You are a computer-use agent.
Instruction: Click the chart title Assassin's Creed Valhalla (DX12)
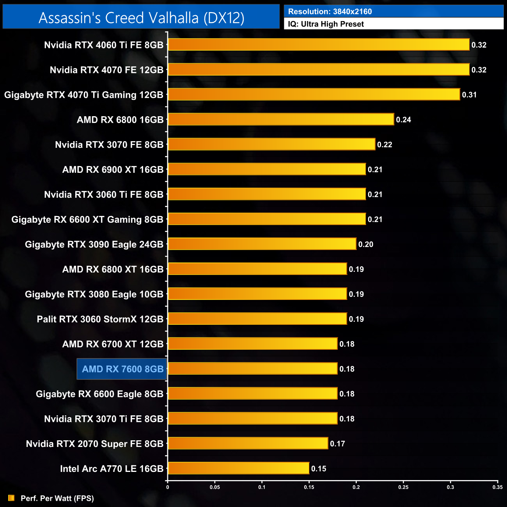click(141, 18)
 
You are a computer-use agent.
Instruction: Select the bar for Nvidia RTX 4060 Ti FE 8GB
click(319, 44)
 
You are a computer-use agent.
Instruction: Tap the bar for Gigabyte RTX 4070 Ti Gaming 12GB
click(314, 94)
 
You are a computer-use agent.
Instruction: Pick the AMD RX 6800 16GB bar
click(281, 119)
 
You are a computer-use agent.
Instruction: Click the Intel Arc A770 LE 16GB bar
click(238, 468)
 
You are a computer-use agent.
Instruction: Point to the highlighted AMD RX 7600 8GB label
click(122, 369)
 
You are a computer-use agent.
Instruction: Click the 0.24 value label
click(403, 120)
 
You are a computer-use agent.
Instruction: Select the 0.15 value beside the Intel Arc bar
click(319, 469)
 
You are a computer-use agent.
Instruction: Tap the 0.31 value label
click(469, 95)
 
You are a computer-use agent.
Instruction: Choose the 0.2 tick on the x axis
click(356, 487)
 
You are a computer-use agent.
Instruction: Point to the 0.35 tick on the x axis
click(497, 487)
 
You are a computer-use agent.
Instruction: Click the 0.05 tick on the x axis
click(214, 487)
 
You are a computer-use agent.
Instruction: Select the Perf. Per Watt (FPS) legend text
click(57, 498)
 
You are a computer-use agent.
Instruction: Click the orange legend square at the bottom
click(11, 498)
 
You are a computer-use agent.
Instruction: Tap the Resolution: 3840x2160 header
click(330, 12)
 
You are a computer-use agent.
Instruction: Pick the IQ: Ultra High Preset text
click(326, 24)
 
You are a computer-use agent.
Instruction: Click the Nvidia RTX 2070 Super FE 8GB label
click(95, 444)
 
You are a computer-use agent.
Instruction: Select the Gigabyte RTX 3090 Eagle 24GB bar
click(262, 244)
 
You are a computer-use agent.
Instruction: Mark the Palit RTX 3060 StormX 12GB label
click(100, 319)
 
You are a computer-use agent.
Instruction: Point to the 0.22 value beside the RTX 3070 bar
click(385, 145)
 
